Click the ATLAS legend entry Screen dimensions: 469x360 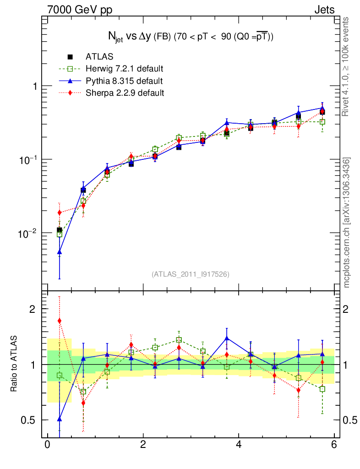[99, 57]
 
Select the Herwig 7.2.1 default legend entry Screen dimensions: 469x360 [124, 69]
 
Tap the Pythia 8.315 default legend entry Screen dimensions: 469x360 [124, 81]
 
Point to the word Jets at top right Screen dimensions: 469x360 [324, 10]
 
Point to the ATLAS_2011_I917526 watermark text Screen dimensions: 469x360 [191, 274]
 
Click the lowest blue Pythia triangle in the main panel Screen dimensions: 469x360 [60, 252]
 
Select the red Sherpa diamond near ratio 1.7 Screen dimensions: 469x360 [60, 321]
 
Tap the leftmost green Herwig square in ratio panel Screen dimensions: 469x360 [60, 376]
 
